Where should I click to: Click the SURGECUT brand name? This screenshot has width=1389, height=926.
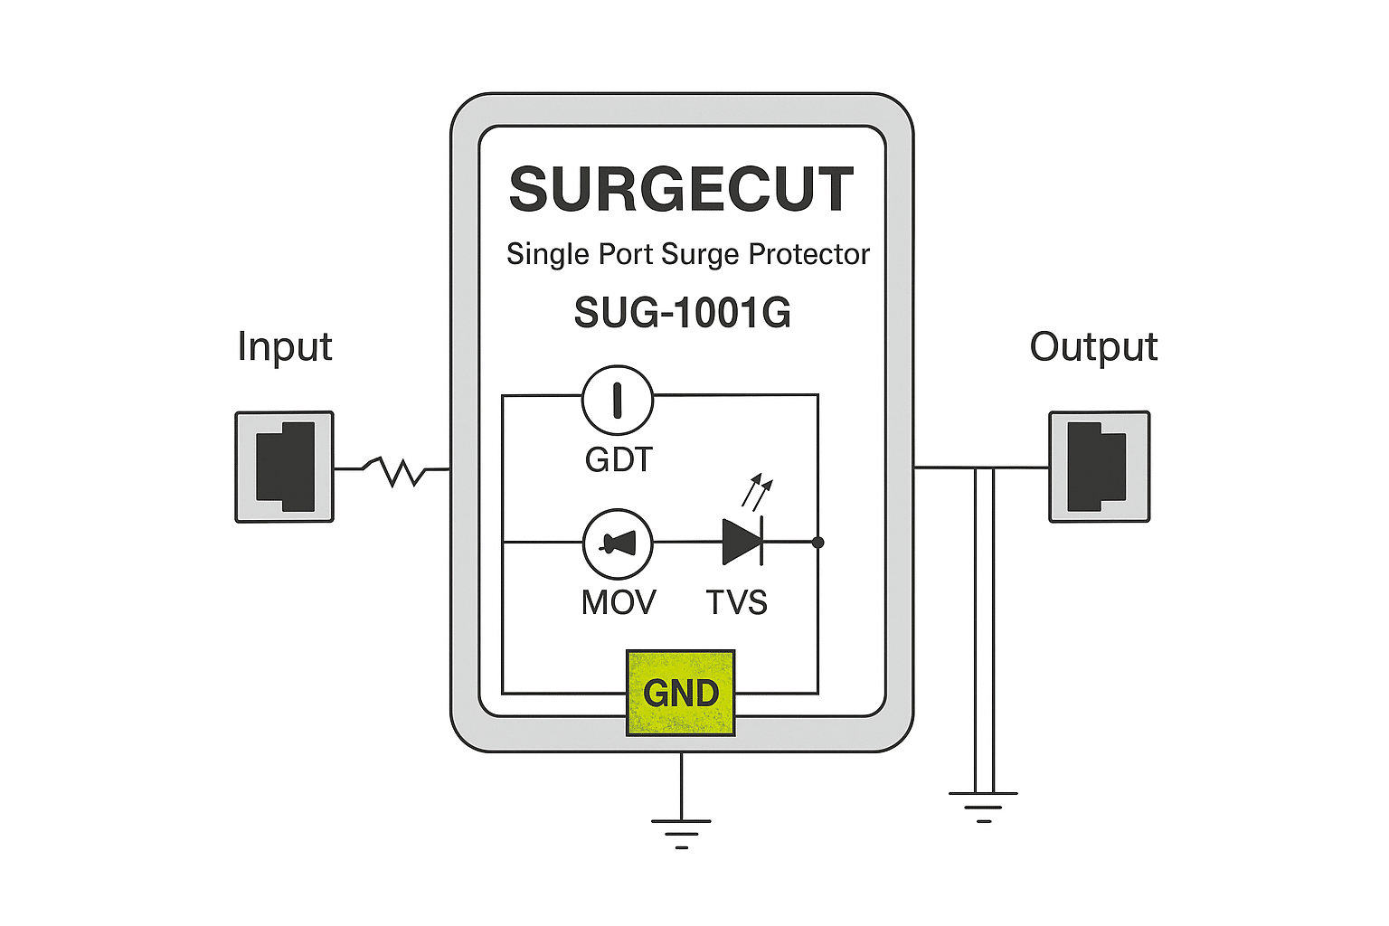(681, 190)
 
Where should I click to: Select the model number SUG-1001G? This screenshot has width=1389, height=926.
(682, 313)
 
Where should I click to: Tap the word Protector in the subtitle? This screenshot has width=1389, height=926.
(809, 254)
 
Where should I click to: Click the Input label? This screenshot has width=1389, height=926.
(285, 346)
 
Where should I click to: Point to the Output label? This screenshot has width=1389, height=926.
(1093, 347)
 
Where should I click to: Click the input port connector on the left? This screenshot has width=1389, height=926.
(285, 467)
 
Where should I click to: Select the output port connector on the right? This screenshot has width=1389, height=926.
(1099, 467)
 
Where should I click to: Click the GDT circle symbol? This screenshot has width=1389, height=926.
(618, 400)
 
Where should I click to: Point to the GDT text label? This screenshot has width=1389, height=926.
(619, 460)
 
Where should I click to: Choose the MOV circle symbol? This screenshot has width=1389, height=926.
(618, 543)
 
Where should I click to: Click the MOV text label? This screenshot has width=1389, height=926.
(619, 602)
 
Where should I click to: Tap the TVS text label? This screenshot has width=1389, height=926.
(737, 602)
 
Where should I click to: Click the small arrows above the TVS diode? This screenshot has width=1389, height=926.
(757, 492)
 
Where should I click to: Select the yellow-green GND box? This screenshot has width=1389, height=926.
(681, 693)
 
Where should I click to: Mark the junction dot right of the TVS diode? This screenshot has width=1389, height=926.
(818, 543)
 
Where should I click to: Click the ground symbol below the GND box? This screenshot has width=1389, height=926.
(681, 833)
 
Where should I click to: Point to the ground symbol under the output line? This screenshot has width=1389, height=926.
(983, 806)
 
